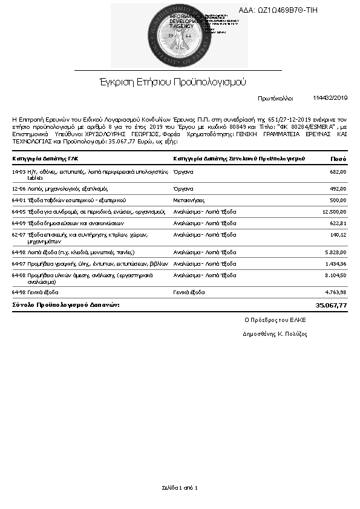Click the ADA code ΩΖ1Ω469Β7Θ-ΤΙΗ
[286, 10]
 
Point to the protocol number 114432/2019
[330, 97]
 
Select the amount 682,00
[338, 172]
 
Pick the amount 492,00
[338, 188]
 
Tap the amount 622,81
[338, 223]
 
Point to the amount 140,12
[338, 234]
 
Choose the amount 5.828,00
[336, 252]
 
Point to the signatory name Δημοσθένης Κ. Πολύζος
[275, 333]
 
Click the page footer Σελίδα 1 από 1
[180, 487]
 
